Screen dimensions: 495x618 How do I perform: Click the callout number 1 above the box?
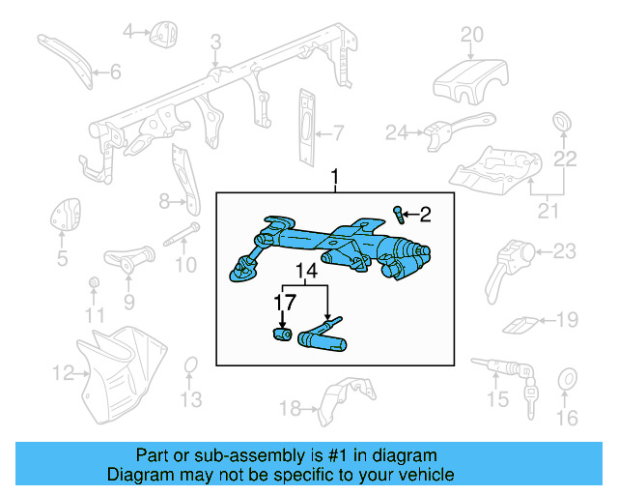[x=335, y=179]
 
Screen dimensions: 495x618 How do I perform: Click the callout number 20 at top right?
[x=470, y=36]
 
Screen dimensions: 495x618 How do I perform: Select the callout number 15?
[x=496, y=399]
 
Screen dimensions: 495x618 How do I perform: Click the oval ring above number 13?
[x=191, y=364]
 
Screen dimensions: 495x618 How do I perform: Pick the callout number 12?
[x=63, y=371]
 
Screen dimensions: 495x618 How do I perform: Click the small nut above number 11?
[x=94, y=282]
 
